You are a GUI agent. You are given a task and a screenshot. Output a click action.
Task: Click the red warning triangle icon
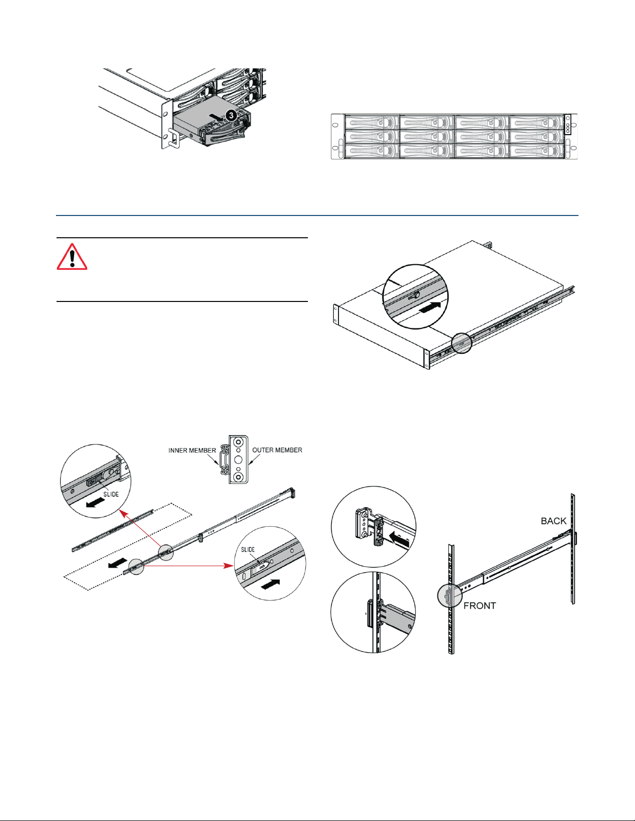pyautogui.click(x=72, y=257)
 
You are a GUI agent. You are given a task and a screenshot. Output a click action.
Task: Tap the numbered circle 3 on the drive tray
pyautogui.click(x=231, y=115)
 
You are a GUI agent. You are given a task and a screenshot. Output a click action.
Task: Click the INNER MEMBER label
pyautogui.click(x=192, y=450)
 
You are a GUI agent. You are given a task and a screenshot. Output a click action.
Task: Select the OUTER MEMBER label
pyautogui.click(x=277, y=450)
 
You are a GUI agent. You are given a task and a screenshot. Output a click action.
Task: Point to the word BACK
pyautogui.click(x=554, y=521)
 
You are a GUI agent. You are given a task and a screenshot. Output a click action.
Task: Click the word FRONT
pyautogui.click(x=479, y=606)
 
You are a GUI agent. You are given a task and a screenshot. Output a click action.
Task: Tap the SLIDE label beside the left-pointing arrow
pyautogui.click(x=111, y=494)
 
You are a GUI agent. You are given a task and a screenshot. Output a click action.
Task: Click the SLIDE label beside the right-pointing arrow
pyautogui.click(x=248, y=550)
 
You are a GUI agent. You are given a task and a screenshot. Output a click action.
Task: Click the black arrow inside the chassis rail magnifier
pyautogui.click(x=430, y=307)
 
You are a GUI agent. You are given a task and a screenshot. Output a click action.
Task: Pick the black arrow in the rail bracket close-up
pyautogui.click(x=399, y=537)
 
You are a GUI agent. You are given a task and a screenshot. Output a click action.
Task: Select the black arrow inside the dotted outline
pyautogui.click(x=116, y=564)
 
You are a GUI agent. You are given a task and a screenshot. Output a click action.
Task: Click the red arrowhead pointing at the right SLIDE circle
pyautogui.click(x=229, y=566)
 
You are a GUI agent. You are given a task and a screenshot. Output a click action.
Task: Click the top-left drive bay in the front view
pyautogui.click(x=372, y=122)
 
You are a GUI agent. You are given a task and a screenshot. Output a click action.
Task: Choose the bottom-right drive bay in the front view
pyautogui.click(x=537, y=151)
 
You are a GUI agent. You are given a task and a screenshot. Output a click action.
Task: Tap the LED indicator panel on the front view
pyautogui.click(x=568, y=125)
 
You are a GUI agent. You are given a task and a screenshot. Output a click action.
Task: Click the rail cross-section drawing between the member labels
pyautogui.click(x=234, y=459)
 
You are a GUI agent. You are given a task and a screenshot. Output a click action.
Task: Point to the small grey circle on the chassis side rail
pyautogui.click(x=462, y=343)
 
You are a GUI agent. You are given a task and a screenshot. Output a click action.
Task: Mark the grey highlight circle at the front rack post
pyautogui.click(x=450, y=596)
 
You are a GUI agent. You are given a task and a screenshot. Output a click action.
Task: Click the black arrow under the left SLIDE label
pyautogui.click(x=94, y=502)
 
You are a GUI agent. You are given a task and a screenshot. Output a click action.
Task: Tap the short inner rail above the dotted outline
pyautogui.click(x=113, y=530)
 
